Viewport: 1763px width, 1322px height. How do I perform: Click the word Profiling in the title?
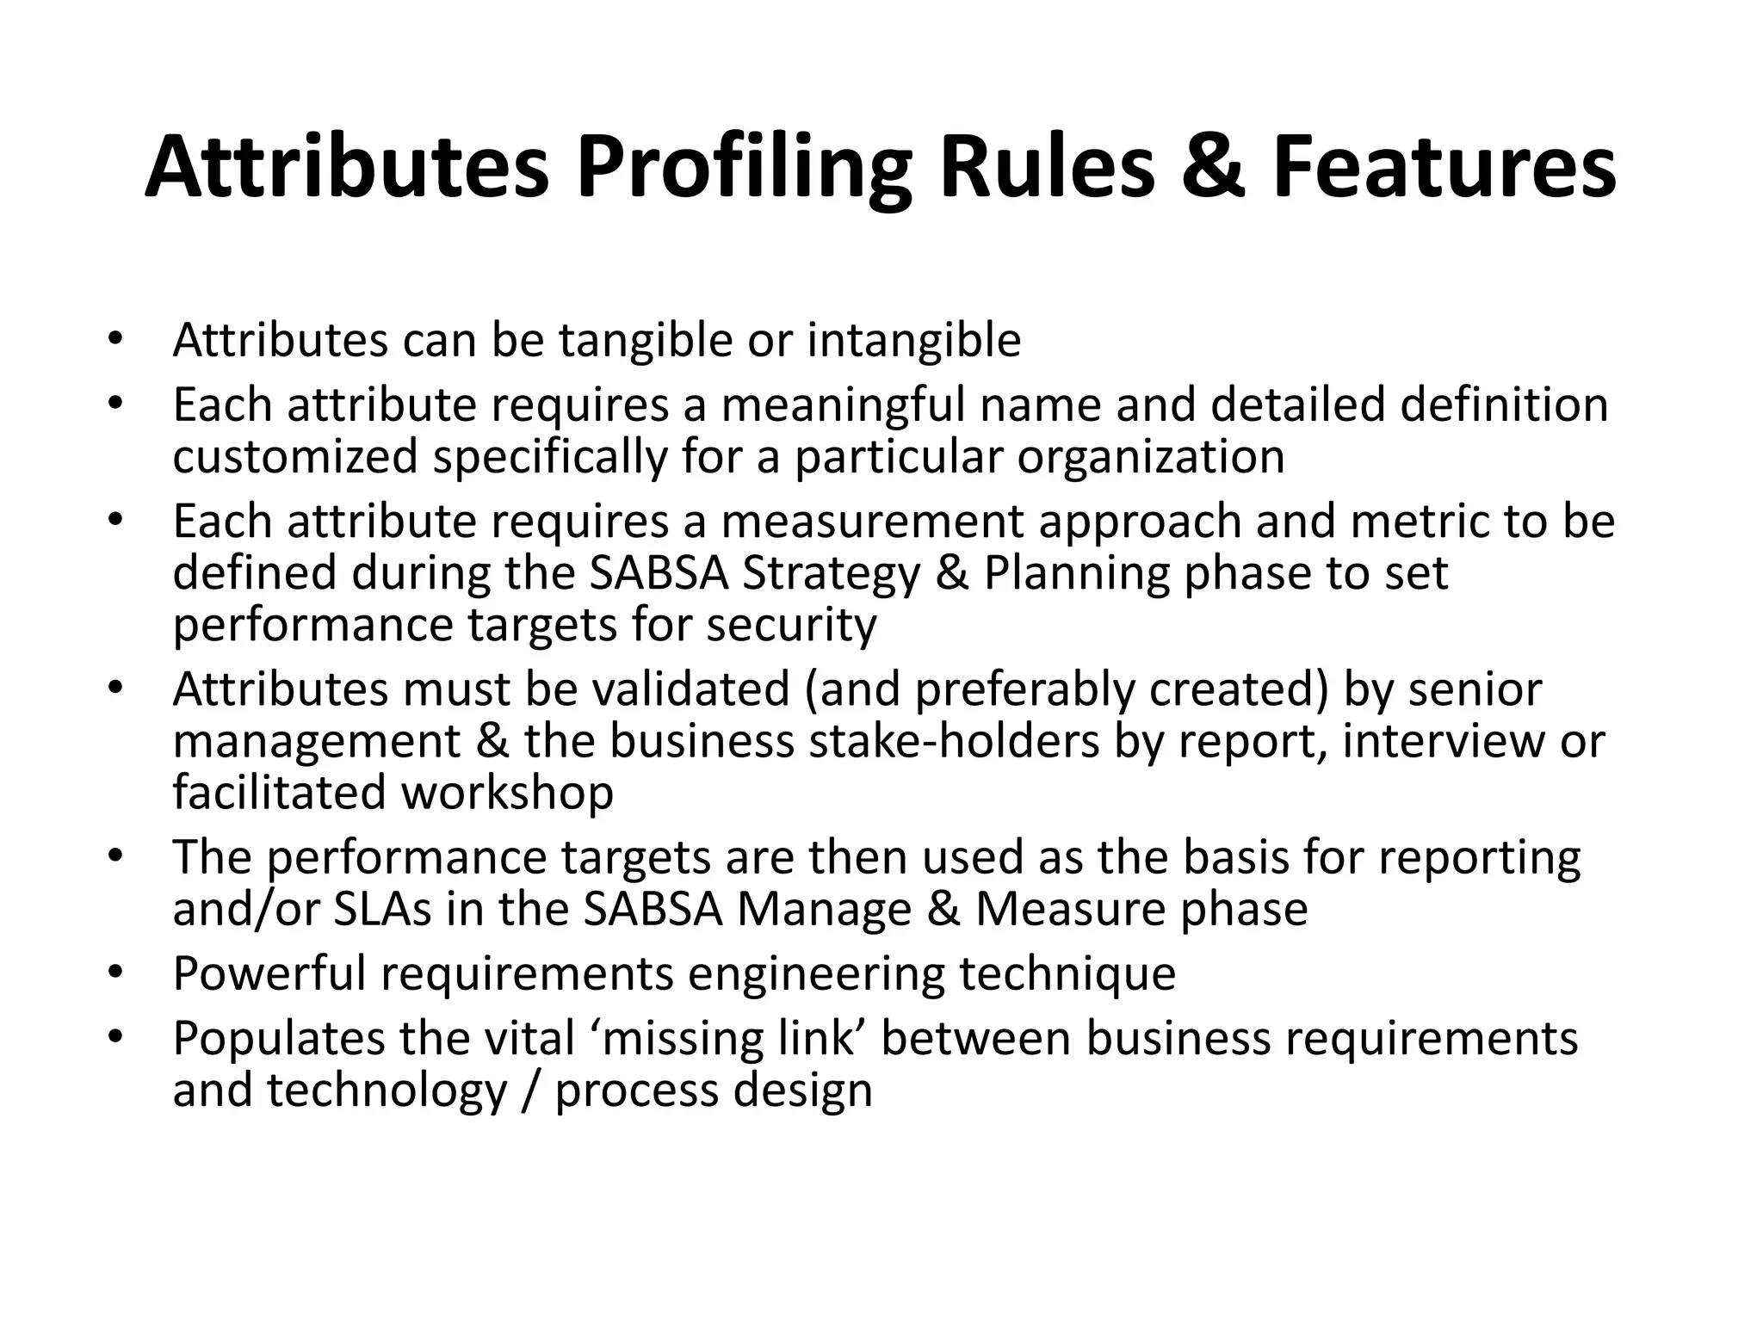pyautogui.click(x=744, y=169)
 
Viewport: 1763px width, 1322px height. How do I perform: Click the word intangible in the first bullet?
pyautogui.click(x=913, y=340)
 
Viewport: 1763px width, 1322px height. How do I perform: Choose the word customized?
pyautogui.click(x=294, y=456)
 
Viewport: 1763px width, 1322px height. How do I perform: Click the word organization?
pyautogui.click(x=1151, y=456)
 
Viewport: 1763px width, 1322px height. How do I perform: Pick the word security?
pyautogui.click(x=791, y=625)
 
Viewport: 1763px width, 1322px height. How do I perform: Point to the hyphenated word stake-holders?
pyautogui.click(x=954, y=741)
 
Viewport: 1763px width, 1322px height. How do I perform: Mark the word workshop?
pyautogui.click(x=508, y=793)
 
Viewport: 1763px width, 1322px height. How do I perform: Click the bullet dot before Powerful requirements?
pyautogui.click(x=116, y=973)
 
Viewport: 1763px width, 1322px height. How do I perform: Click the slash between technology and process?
pyautogui.click(x=531, y=1090)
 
